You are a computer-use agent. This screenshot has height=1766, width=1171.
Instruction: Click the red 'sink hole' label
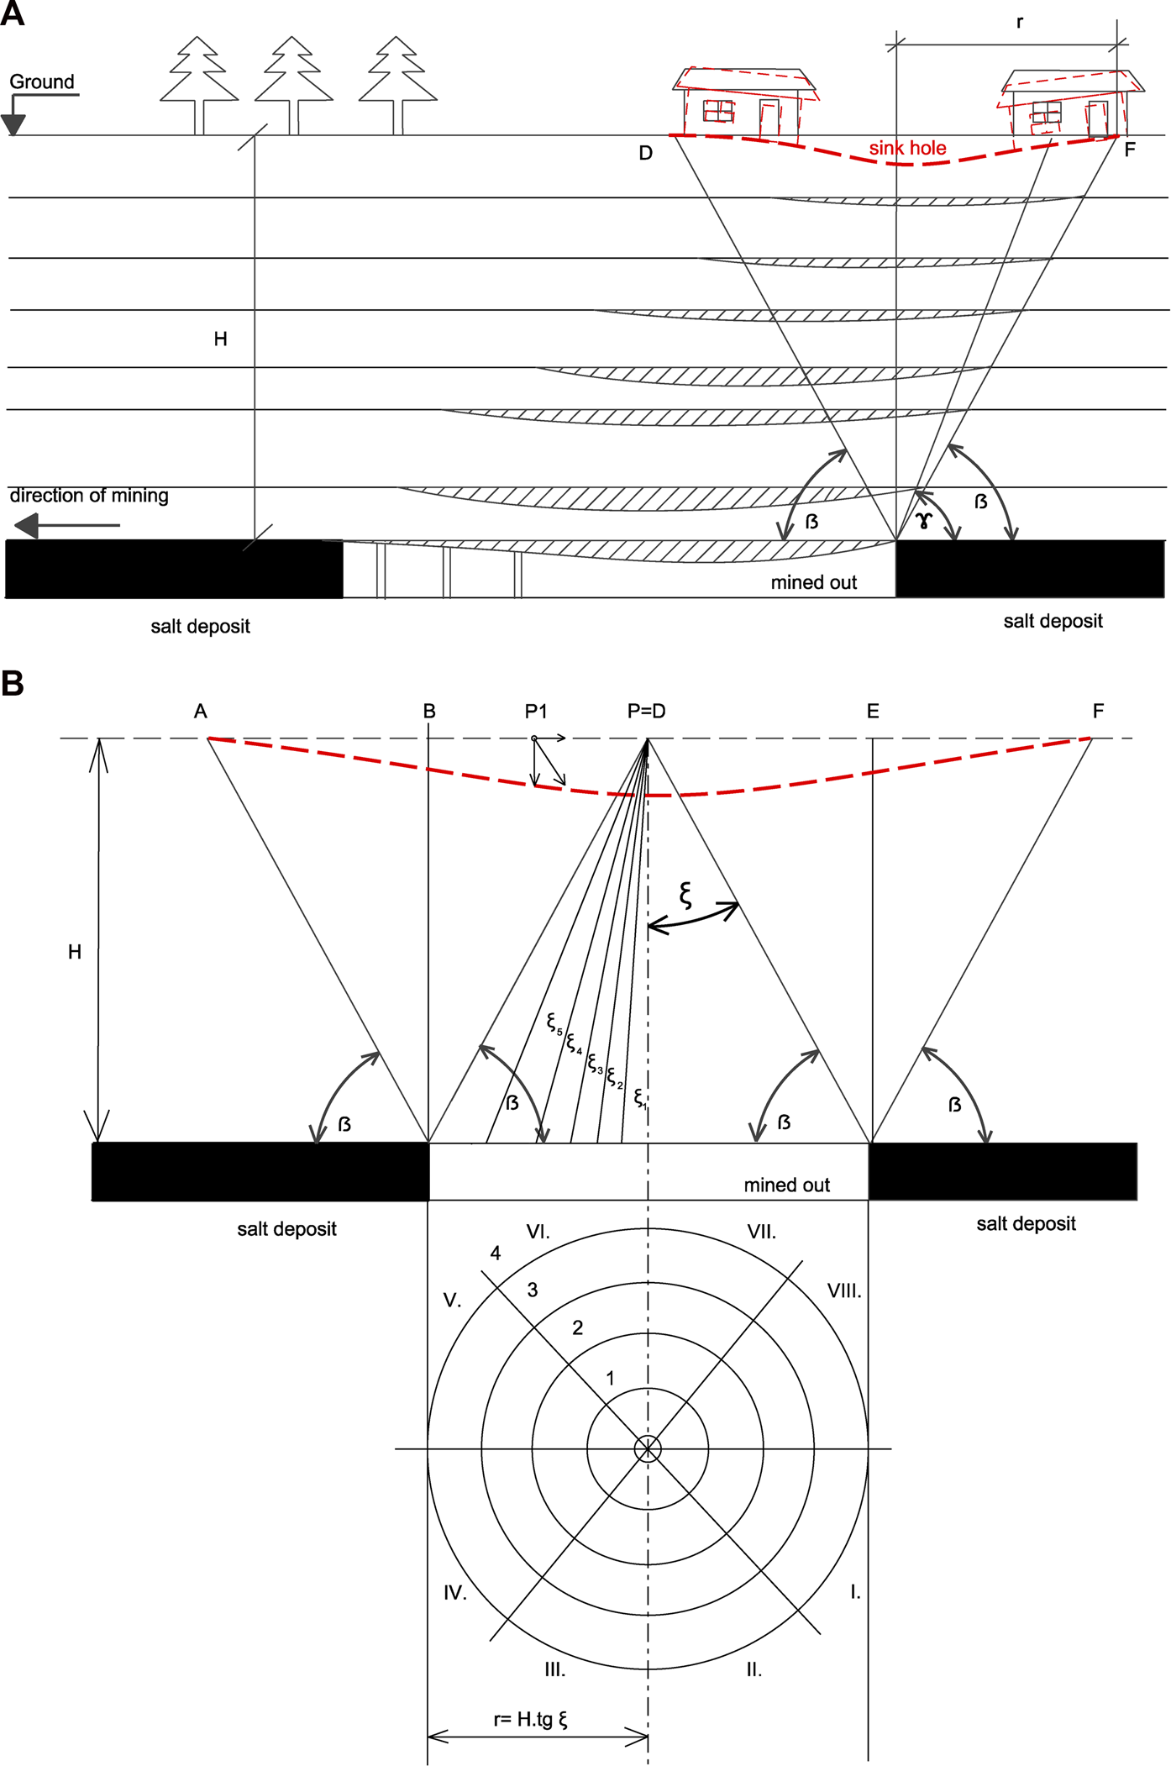pos(907,149)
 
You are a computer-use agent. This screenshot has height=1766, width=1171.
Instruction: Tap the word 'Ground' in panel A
pos(42,82)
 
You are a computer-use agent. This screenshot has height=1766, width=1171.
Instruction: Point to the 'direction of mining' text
pos(89,496)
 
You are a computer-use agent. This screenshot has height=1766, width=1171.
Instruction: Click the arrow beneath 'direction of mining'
pos(67,526)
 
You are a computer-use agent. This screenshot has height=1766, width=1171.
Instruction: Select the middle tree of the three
pos(293,84)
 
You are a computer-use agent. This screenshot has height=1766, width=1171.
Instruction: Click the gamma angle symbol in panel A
pos(924,521)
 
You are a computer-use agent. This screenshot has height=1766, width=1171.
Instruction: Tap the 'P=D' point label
pos(646,712)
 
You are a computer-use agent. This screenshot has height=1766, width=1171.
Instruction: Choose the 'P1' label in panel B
pos(536,712)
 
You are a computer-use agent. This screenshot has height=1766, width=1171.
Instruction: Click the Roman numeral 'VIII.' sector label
pos(844,1291)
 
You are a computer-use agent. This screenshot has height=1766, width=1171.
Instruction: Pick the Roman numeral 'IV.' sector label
pos(455,1593)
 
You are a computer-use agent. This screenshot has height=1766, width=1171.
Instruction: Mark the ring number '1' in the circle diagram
pos(611,1379)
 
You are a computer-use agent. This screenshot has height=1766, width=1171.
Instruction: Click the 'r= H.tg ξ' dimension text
pos(530,1720)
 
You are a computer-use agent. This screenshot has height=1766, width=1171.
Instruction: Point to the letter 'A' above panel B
pos(200,712)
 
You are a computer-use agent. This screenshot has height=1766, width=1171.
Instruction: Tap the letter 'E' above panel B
pos(873,712)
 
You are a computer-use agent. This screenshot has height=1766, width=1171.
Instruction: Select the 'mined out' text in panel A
pos(813,583)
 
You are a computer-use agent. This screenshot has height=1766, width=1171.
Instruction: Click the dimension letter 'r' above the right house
pos(1020,23)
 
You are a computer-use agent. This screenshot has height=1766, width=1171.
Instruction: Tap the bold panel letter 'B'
pos(13,683)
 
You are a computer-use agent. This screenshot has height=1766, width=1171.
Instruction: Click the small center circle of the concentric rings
pos(648,1448)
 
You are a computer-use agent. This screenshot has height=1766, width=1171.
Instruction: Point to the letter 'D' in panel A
pos(645,153)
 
